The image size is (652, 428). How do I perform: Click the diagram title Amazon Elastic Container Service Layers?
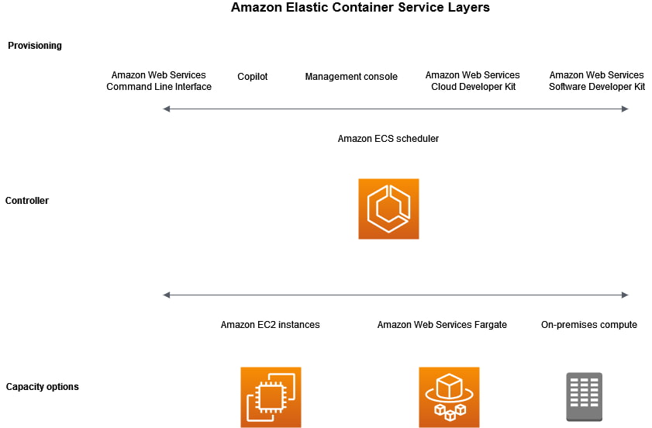point(360,8)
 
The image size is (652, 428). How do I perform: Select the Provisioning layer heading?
point(35,46)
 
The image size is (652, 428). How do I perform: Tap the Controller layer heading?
point(27,201)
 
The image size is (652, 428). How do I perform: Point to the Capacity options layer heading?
point(43,387)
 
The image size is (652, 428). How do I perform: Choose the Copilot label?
point(253,77)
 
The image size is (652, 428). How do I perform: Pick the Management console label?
point(351,77)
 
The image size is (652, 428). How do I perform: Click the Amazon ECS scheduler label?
point(388,139)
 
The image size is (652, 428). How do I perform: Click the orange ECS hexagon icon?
point(388,209)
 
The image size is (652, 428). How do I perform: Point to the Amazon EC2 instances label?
point(270,325)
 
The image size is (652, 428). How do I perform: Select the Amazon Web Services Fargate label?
point(442,325)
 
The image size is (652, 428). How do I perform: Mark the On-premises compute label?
point(589,325)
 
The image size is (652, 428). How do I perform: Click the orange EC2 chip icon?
point(271,397)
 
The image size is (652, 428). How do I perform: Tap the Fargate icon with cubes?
point(449,397)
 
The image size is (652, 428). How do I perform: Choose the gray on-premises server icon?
point(584,397)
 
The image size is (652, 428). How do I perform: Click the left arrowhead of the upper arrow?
point(166,109)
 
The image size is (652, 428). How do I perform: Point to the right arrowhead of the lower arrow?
point(625,295)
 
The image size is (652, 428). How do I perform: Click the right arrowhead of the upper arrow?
point(625,109)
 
